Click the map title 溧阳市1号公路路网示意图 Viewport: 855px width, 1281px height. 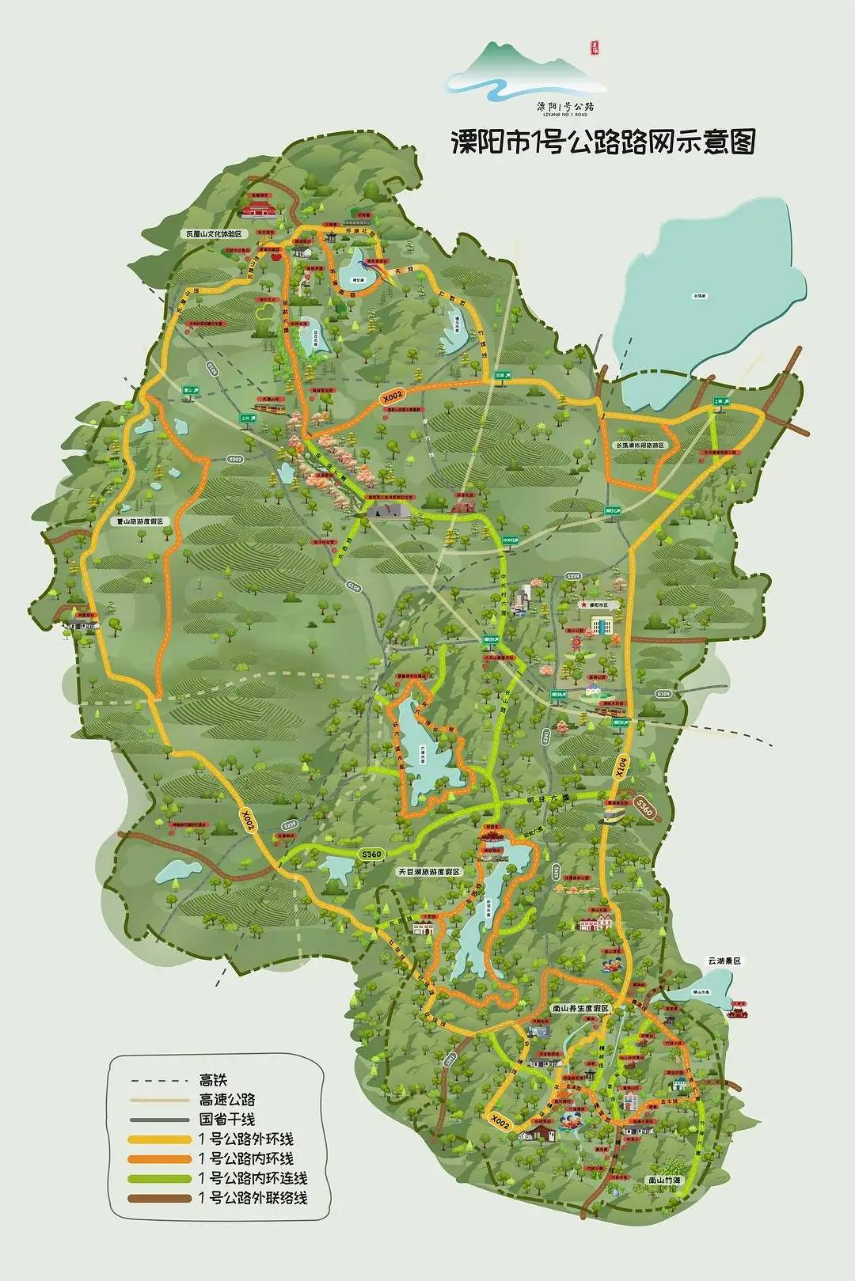pos(602,142)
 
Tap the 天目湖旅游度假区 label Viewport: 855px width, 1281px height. pos(428,870)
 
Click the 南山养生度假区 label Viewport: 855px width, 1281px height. pos(580,1009)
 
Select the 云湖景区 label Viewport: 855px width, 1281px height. pos(726,960)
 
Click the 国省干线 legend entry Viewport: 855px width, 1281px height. pos(226,1119)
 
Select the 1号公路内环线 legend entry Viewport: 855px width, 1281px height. pos(245,1158)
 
